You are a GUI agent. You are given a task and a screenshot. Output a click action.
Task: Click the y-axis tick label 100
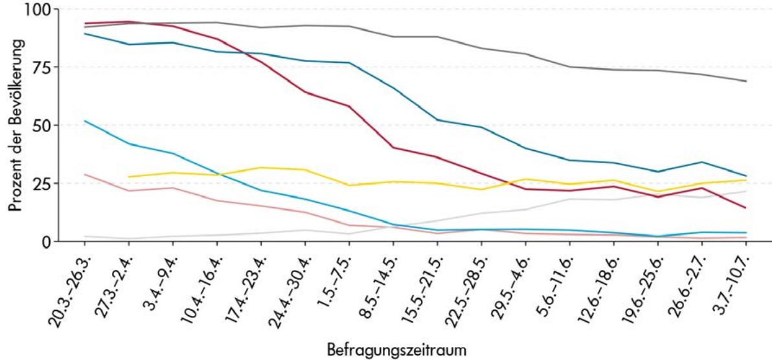(x=38, y=10)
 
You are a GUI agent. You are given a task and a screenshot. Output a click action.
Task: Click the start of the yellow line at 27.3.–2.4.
(x=128, y=177)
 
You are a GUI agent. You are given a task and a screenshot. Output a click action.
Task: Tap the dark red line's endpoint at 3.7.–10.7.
(x=746, y=208)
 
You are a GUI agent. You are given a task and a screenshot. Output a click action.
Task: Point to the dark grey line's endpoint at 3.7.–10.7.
(x=746, y=81)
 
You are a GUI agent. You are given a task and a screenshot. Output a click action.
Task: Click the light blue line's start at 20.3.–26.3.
(x=85, y=121)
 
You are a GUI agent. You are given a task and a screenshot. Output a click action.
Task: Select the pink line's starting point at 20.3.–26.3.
(x=85, y=174)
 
